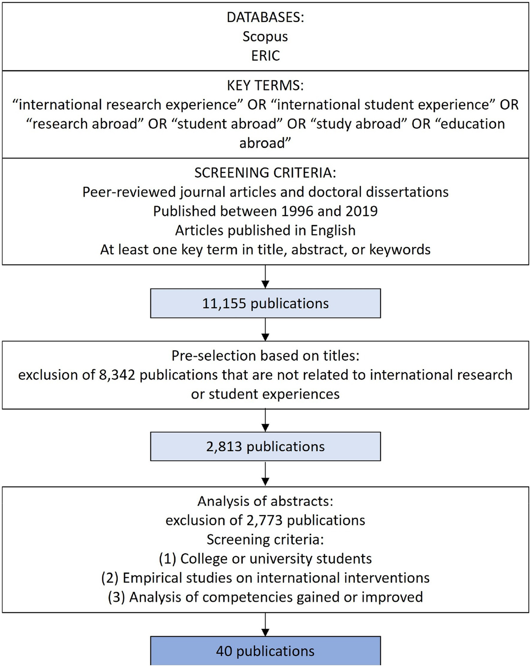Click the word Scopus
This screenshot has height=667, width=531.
265,37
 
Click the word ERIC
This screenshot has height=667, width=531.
265,56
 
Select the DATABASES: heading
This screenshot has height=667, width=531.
265,17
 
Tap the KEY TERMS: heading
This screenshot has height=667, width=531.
265,85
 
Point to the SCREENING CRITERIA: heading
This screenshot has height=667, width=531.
265,172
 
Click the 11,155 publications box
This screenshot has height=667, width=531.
265,303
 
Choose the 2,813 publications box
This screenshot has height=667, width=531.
265,446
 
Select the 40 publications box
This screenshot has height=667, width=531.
265,651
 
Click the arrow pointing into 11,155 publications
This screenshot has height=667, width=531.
265,277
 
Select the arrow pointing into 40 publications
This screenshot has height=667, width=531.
265,625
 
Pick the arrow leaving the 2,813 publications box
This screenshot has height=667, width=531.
265,473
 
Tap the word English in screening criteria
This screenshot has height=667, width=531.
333,230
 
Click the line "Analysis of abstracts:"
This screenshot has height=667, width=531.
265,501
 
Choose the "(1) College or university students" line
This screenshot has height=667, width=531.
265,559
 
